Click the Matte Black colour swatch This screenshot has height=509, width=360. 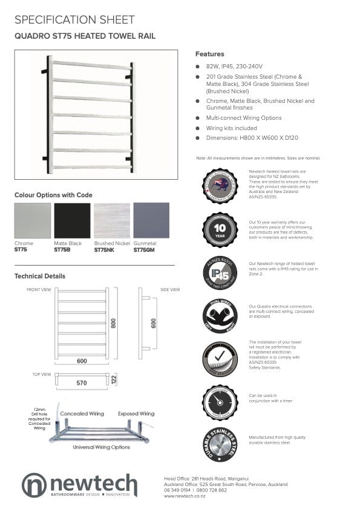(71, 221)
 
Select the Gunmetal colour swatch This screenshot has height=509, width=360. (151, 221)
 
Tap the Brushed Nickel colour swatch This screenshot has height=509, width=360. (111, 221)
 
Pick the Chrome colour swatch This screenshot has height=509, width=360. (32, 221)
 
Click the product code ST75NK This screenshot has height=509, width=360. (104, 249)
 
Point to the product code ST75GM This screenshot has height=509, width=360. (145, 249)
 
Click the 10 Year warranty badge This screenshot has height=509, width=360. (219, 230)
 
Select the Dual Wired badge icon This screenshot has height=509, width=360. (219, 316)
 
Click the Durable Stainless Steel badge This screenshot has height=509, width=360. (219, 444)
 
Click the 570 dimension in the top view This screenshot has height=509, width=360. (82, 383)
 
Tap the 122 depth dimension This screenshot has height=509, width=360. (114, 379)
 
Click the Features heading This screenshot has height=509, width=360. (209, 54)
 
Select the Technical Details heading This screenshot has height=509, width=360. (40, 276)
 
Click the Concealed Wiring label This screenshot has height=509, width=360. (82, 414)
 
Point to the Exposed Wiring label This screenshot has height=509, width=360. (136, 414)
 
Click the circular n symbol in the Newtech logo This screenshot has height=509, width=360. (34, 485)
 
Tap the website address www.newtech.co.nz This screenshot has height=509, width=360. (186, 496)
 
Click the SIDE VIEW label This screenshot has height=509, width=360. (170, 290)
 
